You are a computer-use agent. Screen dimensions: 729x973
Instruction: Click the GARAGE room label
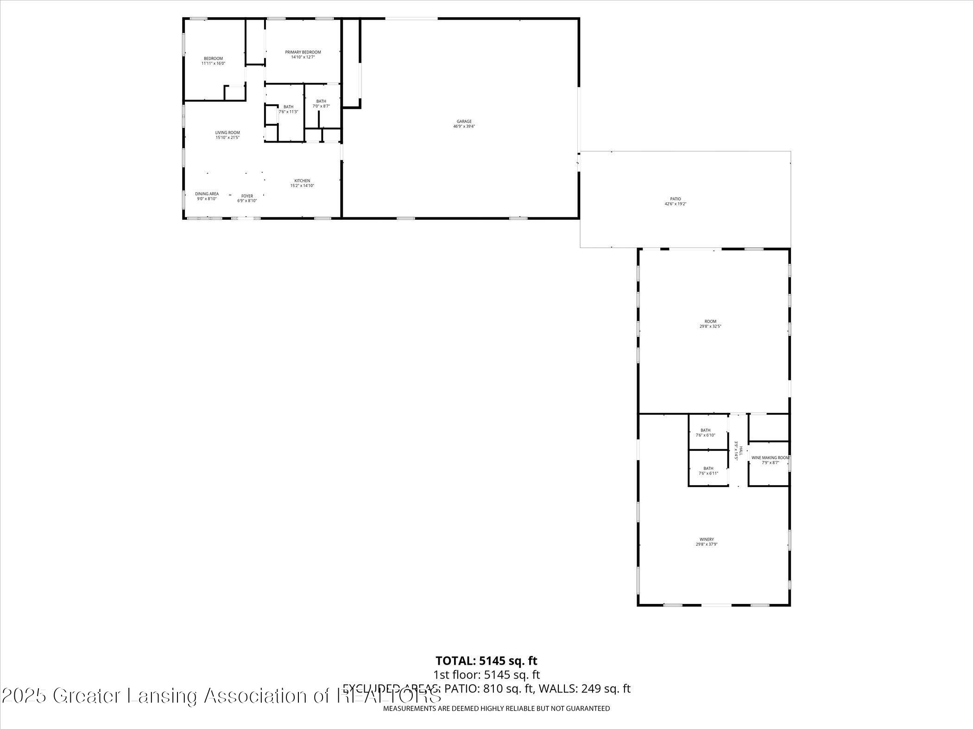tap(464, 121)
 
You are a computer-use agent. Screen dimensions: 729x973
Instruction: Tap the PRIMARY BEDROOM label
tap(303, 52)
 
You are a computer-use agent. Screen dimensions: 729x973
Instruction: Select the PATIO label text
tap(675, 199)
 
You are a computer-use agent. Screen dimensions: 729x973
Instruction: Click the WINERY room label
tap(707, 539)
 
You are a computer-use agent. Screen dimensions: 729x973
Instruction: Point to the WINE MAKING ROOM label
tap(770, 458)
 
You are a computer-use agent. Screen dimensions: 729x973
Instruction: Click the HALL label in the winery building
tap(740, 451)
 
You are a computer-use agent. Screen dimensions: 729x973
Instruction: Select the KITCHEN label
tap(302, 181)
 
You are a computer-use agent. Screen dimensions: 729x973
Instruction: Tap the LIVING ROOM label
tap(227, 133)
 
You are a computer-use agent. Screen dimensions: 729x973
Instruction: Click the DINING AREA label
tap(207, 194)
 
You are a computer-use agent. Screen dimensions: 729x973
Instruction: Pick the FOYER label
tap(247, 196)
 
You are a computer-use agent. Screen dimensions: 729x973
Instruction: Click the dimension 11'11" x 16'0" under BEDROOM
tap(213, 63)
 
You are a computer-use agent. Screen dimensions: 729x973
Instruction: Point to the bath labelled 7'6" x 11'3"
tap(288, 109)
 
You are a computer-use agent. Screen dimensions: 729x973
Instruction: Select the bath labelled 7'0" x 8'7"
tap(321, 104)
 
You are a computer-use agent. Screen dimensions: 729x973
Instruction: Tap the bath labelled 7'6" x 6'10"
tap(705, 433)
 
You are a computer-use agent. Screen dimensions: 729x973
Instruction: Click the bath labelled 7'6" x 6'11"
tap(708, 471)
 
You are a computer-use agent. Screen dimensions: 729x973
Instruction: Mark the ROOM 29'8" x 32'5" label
tap(710, 324)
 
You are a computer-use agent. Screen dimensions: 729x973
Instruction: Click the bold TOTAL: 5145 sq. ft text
tap(486, 661)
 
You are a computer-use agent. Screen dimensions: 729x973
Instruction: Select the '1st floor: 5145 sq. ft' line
tap(486, 675)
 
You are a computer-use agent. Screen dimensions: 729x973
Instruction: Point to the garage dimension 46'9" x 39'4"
tap(464, 126)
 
